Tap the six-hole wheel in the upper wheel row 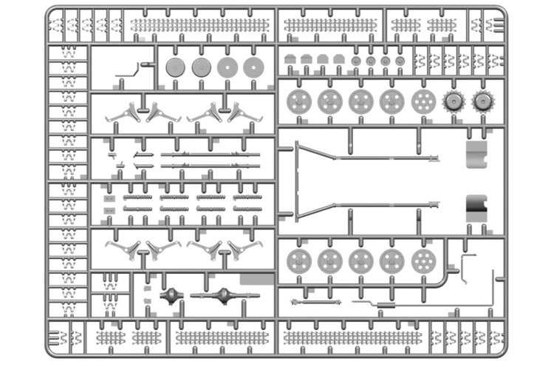422,101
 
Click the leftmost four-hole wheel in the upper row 298,101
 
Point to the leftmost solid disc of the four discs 175,67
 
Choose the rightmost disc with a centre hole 253,67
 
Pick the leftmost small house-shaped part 290,58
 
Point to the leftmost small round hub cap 356,59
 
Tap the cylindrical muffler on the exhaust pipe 383,304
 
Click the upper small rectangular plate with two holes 110,198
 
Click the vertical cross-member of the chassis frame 298,181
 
